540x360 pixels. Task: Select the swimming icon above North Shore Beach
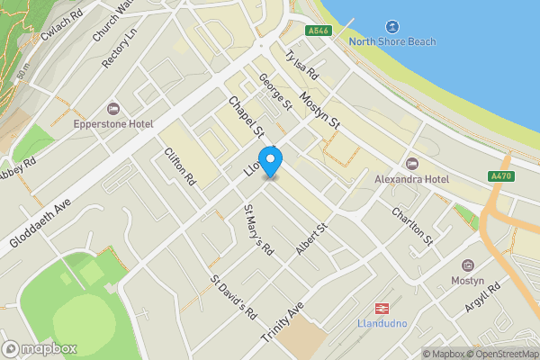(392, 27)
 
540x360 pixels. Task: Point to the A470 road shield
(501, 175)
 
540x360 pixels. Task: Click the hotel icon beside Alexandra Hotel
(412, 164)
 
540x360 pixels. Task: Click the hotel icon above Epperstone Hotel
(112, 108)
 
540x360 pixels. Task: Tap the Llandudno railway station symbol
(381, 307)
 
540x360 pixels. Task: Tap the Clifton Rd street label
(180, 166)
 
